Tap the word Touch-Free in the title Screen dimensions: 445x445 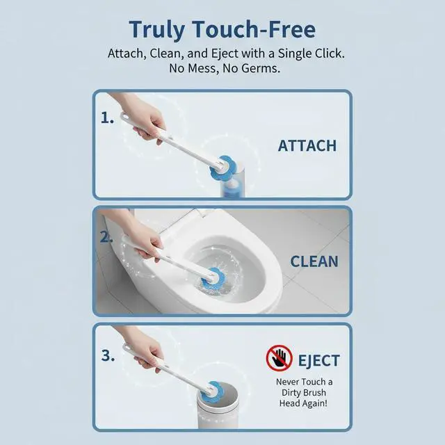click(x=254, y=29)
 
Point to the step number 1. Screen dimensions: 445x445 click(x=107, y=118)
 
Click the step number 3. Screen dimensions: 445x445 click(x=108, y=355)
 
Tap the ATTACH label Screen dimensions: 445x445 click(x=307, y=146)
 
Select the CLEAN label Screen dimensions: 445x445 click(x=314, y=261)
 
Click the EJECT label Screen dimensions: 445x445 click(x=318, y=361)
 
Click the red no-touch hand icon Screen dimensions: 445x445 click(x=280, y=358)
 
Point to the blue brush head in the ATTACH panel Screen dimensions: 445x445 click(x=221, y=168)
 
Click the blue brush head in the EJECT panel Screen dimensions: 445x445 click(x=212, y=391)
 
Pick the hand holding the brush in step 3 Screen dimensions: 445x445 click(x=147, y=352)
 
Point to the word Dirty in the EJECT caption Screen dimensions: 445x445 click(x=291, y=393)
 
